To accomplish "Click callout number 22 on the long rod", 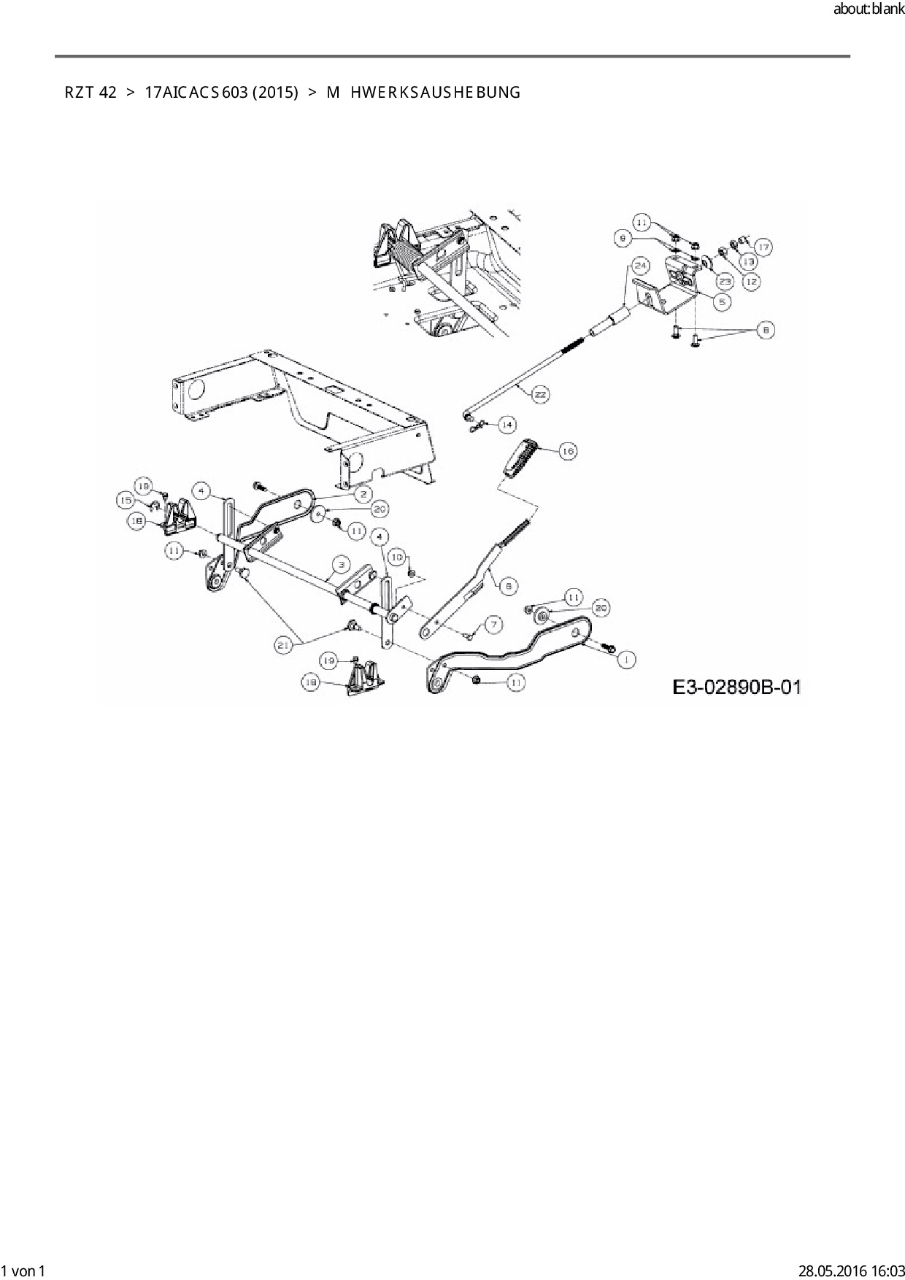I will point(540,395).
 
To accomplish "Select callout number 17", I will point(763,247).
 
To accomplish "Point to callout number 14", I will point(507,424).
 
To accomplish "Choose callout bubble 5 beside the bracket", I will point(721,301).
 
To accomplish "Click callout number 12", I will point(752,280).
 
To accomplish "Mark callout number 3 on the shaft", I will point(339,564).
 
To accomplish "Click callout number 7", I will point(494,625).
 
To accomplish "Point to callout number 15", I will point(126,501).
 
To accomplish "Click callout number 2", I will point(361,493).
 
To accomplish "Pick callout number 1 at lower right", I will point(625,659).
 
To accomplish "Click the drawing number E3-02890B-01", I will point(736,687).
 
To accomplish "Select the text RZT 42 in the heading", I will point(90,93).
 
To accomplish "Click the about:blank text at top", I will point(869,10).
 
